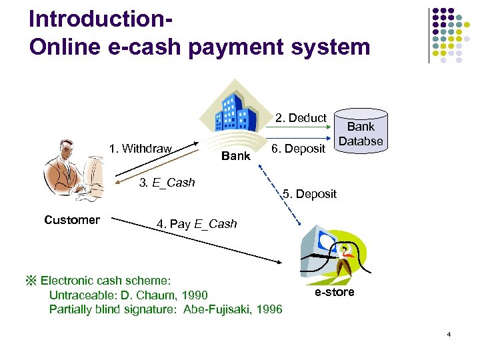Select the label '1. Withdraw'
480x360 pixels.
(141, 149)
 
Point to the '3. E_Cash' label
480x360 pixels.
(167, 183)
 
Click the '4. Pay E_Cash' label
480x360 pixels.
(197, 224)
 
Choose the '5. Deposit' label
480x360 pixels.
(309, 194)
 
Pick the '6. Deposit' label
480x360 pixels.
(298, 149)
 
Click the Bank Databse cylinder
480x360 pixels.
(361, 133)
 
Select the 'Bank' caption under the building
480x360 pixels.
(235, 156)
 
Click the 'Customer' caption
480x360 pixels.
(72, 220)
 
